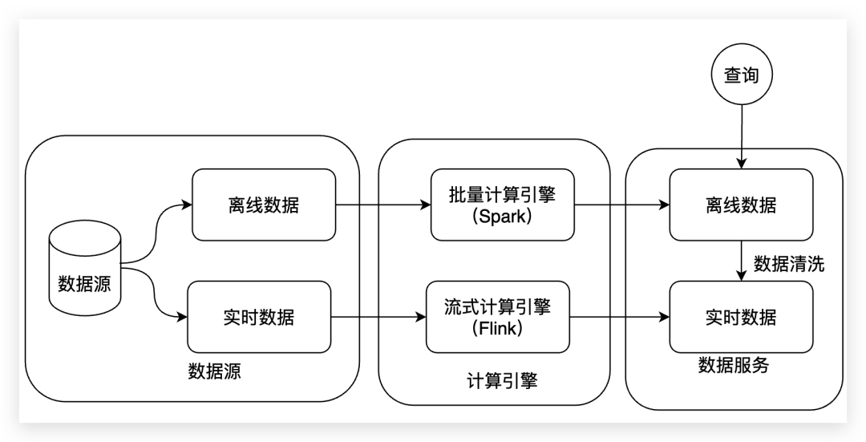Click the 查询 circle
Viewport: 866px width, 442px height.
pos(742,76)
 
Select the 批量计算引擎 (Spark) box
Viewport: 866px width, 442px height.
pos(503,205)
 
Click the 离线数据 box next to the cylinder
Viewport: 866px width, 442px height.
pos(264,205)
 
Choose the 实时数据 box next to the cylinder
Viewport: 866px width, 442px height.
pos(259,317)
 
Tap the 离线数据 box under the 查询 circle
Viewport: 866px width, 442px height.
pos(741,205)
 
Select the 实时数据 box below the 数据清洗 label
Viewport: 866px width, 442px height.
pos(741,317)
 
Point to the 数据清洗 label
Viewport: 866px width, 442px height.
pos(788,264)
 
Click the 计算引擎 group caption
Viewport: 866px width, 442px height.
pos(502,380)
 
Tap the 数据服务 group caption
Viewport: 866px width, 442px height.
pos(733,365)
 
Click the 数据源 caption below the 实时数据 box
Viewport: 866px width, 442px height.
pos(214,371)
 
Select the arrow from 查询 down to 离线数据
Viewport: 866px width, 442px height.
pos(742,136)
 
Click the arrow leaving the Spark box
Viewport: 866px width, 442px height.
pos(622,205)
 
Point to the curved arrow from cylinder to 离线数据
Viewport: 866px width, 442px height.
pos(156,229)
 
